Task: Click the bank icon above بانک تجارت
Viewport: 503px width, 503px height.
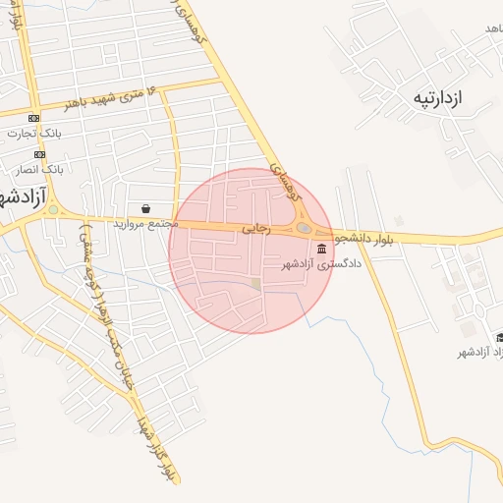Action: coord(34,119)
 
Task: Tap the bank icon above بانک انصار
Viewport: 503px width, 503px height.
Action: coord(39,154)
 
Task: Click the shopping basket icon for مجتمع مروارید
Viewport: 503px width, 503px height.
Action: coord(146,208)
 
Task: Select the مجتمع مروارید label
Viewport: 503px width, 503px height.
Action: coord(143,224)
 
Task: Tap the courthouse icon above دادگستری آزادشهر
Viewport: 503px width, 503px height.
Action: coord(322,248)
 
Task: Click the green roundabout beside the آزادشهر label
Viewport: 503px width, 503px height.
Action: coord(52,209)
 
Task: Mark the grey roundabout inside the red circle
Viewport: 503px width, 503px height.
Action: coord(305,229)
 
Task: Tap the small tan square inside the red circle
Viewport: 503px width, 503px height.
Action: coord(256,285)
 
